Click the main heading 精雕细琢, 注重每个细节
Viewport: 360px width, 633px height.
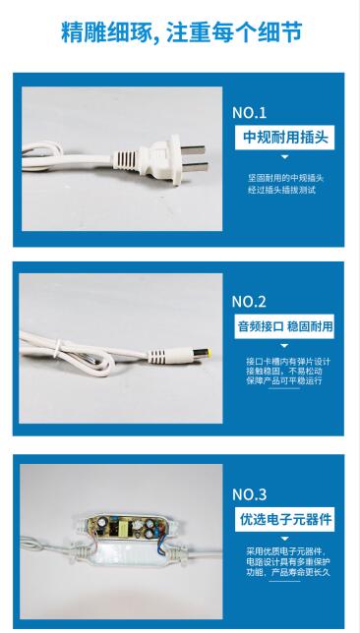click(181, 32)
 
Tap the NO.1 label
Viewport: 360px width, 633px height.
click(249, 113)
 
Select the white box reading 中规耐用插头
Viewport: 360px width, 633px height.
click(285, 138)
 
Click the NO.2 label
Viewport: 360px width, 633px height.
click(249, 302)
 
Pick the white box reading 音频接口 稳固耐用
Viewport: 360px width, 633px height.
click(285, 326)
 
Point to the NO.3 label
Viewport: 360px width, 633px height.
click(249, 494)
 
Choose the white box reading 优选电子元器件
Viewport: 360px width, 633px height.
click(285, 519)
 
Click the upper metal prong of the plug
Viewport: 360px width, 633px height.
click(193, 150)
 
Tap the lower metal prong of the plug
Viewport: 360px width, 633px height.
click(195, 167)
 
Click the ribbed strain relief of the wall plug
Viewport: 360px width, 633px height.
click(126, 159)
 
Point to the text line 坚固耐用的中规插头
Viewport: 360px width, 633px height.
click(285, 178)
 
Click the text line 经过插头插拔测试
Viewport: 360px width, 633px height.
click(281, 190)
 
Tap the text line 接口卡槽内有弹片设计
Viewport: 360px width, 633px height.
click(288, 361)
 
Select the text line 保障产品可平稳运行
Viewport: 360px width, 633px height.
click(284, 380)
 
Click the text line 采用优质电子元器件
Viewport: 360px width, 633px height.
click(288, 551)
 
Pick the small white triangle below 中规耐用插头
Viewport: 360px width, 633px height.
click(285, 156)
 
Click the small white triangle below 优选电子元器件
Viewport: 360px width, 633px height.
click(285, 539)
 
